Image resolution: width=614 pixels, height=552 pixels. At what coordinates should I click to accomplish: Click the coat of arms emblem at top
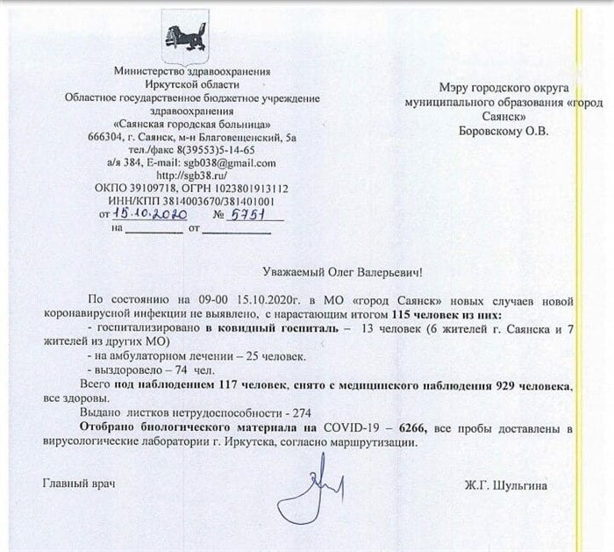pos(184,34)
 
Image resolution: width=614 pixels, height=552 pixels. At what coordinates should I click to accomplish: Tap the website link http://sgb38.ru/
pos(184,176)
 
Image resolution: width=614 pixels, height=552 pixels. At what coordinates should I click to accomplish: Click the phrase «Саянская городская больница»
pos(184,126)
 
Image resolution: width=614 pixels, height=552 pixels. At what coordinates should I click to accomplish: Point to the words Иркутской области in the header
pos(184,83)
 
